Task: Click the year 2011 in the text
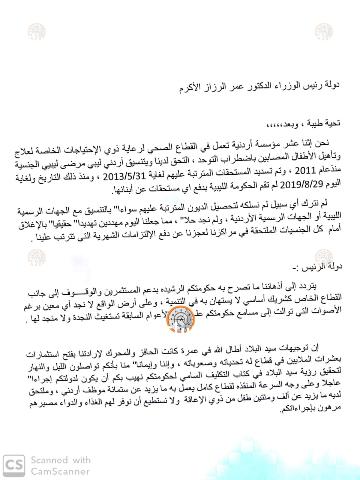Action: point(305,171)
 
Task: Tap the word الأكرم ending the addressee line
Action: point(189,89)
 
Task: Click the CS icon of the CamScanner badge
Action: point(14,465)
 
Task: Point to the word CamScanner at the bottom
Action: point(60,471)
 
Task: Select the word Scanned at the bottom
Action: point(49,460)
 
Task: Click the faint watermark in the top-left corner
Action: point(37,31)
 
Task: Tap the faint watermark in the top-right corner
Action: point(324,31)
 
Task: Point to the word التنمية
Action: point(177,302)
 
